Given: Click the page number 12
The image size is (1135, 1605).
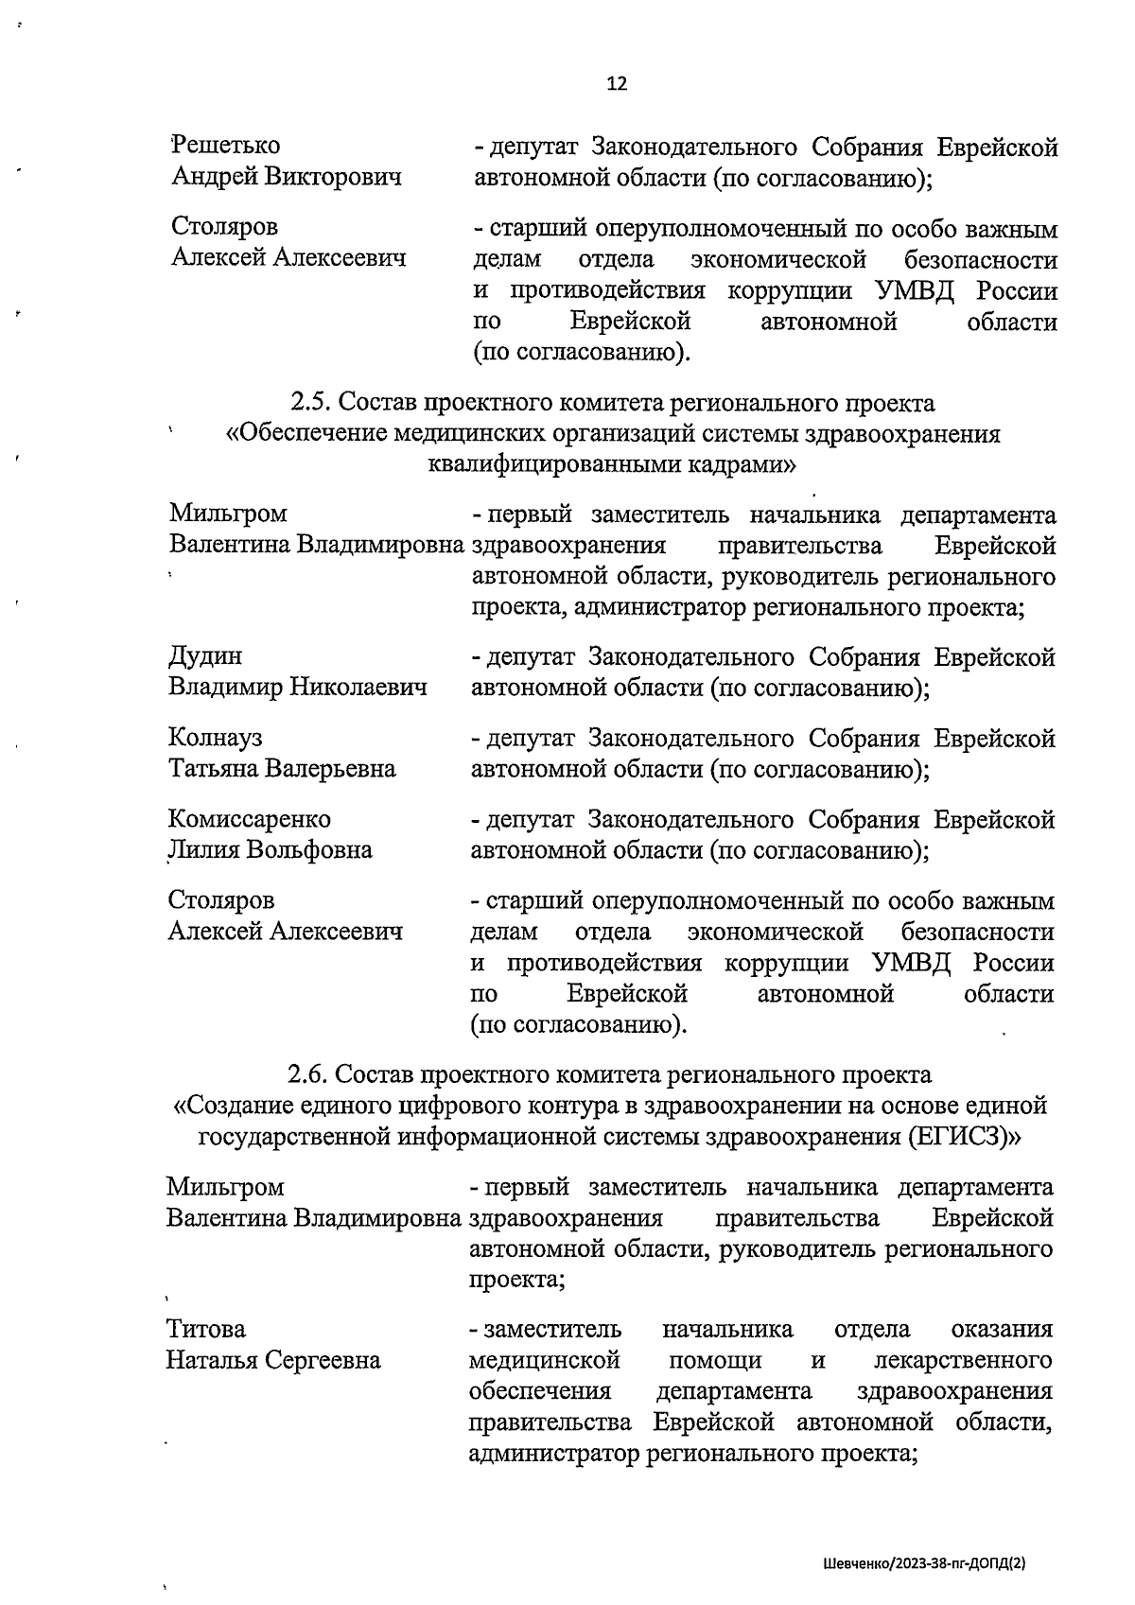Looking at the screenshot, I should click(616, 84).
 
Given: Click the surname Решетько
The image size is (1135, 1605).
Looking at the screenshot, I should click(226, 146).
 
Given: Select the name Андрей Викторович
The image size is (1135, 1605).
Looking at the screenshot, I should click(287, 177).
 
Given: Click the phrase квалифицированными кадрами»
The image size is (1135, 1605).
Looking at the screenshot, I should click(611, 465).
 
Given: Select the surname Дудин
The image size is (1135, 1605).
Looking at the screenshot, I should click(205, 656).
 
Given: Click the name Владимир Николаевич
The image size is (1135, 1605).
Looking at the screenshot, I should click(298, 688).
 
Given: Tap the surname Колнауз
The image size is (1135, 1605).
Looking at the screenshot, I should click(216, 738).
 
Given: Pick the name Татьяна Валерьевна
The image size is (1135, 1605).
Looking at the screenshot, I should click(282, 769).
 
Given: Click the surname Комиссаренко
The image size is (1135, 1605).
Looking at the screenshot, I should click(250, 819).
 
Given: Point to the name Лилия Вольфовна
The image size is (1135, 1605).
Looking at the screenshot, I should click(271, 850).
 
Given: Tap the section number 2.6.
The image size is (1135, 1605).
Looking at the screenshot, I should click(307, 1075).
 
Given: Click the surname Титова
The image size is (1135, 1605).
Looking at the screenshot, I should click(206, 1330).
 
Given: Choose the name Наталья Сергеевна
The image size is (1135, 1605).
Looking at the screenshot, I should click(274, 1361).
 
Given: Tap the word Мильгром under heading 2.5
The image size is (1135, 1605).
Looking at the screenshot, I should click(228, 515).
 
